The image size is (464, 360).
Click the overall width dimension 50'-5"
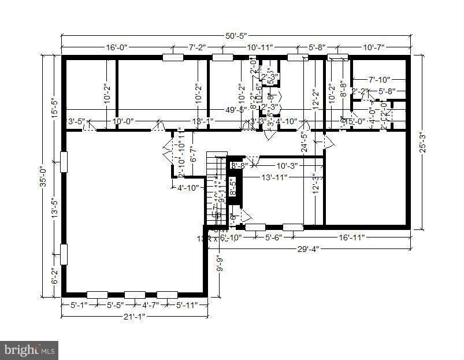(234, 36)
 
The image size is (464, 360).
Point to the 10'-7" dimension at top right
(373, 47)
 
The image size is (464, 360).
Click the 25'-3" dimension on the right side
(422, 142)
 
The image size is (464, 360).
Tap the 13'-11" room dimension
(274, 177)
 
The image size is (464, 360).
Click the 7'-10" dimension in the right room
(380, 79)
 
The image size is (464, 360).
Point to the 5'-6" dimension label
(273, 237)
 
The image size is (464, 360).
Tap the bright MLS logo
(29, 349)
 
